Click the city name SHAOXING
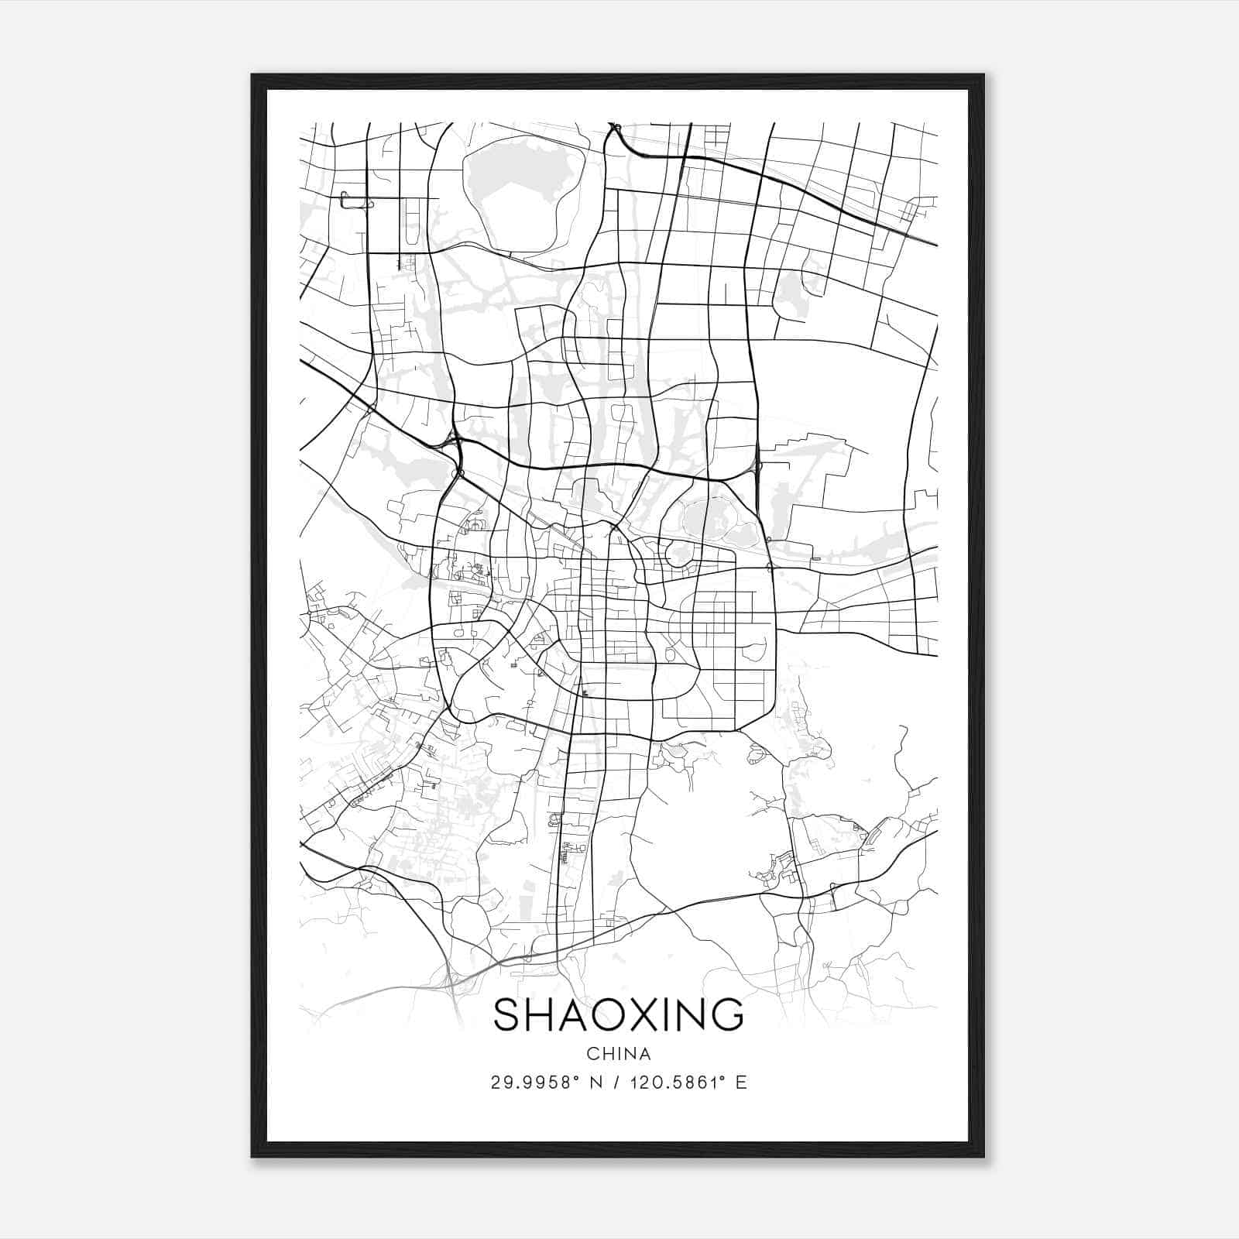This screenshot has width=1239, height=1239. pos(618,1014)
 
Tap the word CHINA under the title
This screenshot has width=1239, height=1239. pos(618,1054)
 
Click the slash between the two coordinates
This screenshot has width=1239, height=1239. pos(617,1083)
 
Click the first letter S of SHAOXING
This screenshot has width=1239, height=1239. pos(507,1014)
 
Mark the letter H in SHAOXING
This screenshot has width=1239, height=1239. pos(541,1014)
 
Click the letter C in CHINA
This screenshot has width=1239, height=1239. pos(592,1054)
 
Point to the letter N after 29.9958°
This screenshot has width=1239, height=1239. pos(596,1083)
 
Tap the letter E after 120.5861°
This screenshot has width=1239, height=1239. pos(742,1083)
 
